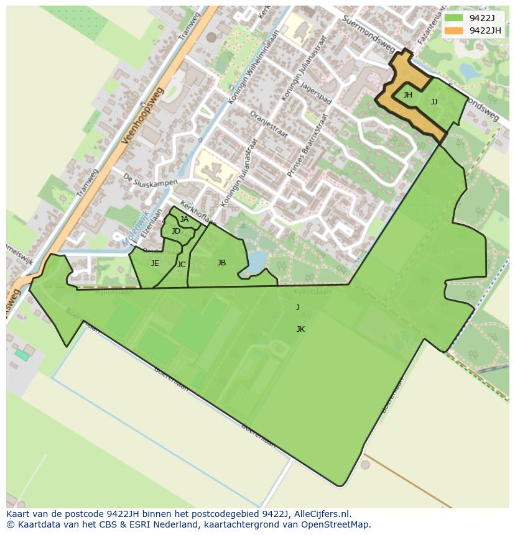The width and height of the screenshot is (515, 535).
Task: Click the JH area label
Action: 408,95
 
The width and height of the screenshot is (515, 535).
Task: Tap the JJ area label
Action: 434,102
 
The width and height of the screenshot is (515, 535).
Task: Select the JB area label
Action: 221,263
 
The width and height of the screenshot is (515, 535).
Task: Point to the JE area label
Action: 155,263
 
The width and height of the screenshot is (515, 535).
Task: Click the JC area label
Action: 181,265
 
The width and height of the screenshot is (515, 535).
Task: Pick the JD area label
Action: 176,231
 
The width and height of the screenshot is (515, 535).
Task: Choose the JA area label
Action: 184,219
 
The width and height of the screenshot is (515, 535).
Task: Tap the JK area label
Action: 300,329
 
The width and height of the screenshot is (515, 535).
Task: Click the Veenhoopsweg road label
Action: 142,116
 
